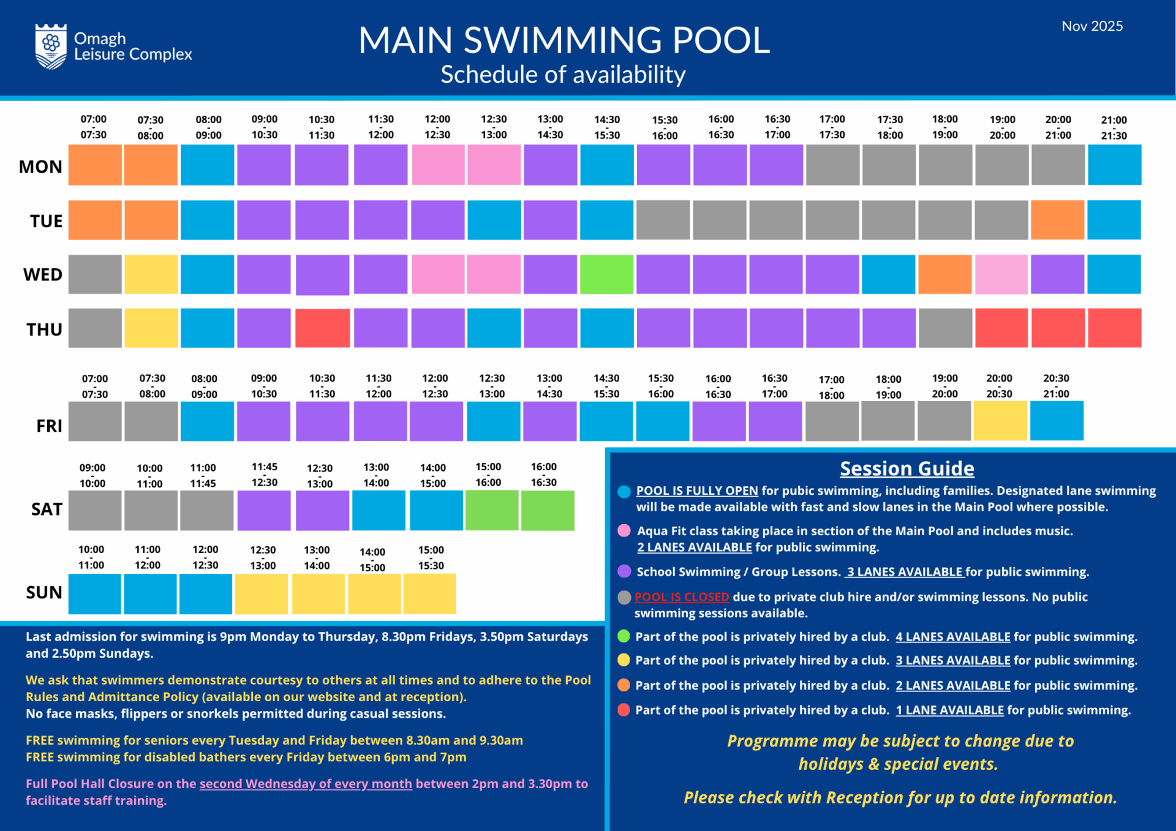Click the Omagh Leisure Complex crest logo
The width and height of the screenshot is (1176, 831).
(x=51, y=46)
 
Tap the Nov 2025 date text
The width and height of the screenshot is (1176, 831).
(x=1092, y=26)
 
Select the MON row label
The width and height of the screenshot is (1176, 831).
(x=40, y=167)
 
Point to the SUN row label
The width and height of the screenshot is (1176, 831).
(x=44, y=592)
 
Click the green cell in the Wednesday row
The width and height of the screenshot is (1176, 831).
(x=606, y=274)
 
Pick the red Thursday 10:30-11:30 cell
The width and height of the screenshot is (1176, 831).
(x=323, y=328)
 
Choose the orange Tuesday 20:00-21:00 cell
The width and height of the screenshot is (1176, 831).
(x=1057, y=220)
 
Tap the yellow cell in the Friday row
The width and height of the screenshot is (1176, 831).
(x=1000, y=421)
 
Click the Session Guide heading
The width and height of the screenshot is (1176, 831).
(x=907, y=468)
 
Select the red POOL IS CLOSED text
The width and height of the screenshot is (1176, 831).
(x=682, y=597)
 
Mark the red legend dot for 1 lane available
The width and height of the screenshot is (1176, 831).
(x=624, y=710)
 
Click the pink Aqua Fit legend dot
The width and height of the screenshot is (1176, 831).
(x=624, y=531)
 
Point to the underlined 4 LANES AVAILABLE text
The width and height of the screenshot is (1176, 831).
(x=952, y=637)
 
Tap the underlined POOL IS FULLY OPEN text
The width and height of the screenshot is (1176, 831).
(x=697, y=491)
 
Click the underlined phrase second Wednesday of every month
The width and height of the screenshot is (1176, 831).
(x=306, y=784)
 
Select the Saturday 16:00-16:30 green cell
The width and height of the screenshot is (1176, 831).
(x=548, y=510)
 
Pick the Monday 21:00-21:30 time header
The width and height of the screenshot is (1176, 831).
(x=1114, y=127)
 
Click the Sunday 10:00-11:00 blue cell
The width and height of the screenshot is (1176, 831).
(x=94, y=593)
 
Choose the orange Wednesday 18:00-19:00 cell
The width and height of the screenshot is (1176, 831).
(x=944, y=274)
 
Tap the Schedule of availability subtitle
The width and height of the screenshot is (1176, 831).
(x=563, y=75)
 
